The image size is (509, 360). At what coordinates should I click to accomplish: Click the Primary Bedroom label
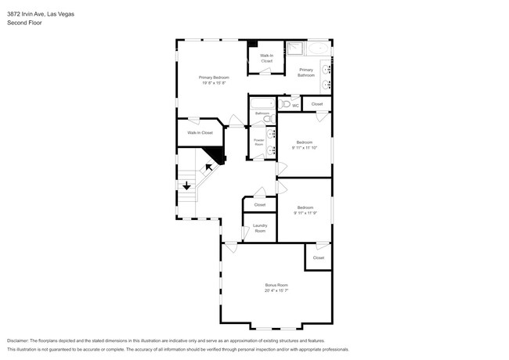pyautogui.click(x=213, y=77)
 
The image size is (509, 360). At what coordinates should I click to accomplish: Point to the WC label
pyautogui.click(x=296, y=105)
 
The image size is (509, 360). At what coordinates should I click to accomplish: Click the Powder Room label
pyautogui.click(x=258, y=142)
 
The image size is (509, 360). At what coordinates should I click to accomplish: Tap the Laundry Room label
pyautogui.click(x=259, y=229)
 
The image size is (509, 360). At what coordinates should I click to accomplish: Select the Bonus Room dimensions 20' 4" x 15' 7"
pyautogui.click(x=276, y=290)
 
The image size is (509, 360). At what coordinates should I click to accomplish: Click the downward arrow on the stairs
pyautogui.click(x=186, y=186)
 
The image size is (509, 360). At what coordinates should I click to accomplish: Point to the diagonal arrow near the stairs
pyautogui.click(x=210, y=166)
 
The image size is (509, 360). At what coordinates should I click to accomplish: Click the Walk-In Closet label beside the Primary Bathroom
pyautogui.click(x=266, y=58)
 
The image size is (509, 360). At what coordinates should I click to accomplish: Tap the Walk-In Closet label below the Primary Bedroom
pyautogui.click(x=200, y=132)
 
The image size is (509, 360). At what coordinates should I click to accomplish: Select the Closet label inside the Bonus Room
pyautogui.click(x=318, y=257)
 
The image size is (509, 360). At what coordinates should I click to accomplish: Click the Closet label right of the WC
pyautogui.click(x=316, y=104)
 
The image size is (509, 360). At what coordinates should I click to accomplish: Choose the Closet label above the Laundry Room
pyautogui.click(x=259, y=204)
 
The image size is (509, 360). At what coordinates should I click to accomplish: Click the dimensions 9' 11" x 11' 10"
pyautogui.click(x=304, y=146)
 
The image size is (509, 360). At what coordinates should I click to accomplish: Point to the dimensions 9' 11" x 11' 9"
pyautogui.click(x=305, y=212)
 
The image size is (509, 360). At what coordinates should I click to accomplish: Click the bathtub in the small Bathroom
pyautogui.click(x=262, y=102)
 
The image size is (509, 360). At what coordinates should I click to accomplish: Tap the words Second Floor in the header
pyautogui.click(x=24, y=23)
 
